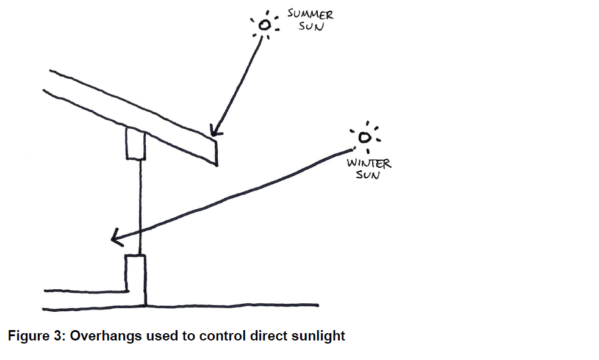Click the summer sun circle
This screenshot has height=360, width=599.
265,25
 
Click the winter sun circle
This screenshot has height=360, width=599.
365,138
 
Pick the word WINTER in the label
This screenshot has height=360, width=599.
369,164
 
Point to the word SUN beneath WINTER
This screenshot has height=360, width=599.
368,175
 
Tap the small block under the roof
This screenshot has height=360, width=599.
135,143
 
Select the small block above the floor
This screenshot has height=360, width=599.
135,273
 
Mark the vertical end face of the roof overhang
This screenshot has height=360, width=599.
215,151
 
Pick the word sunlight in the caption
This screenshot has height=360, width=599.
321,336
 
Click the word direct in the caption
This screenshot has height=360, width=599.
267,336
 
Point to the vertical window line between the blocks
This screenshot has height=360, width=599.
140,201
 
